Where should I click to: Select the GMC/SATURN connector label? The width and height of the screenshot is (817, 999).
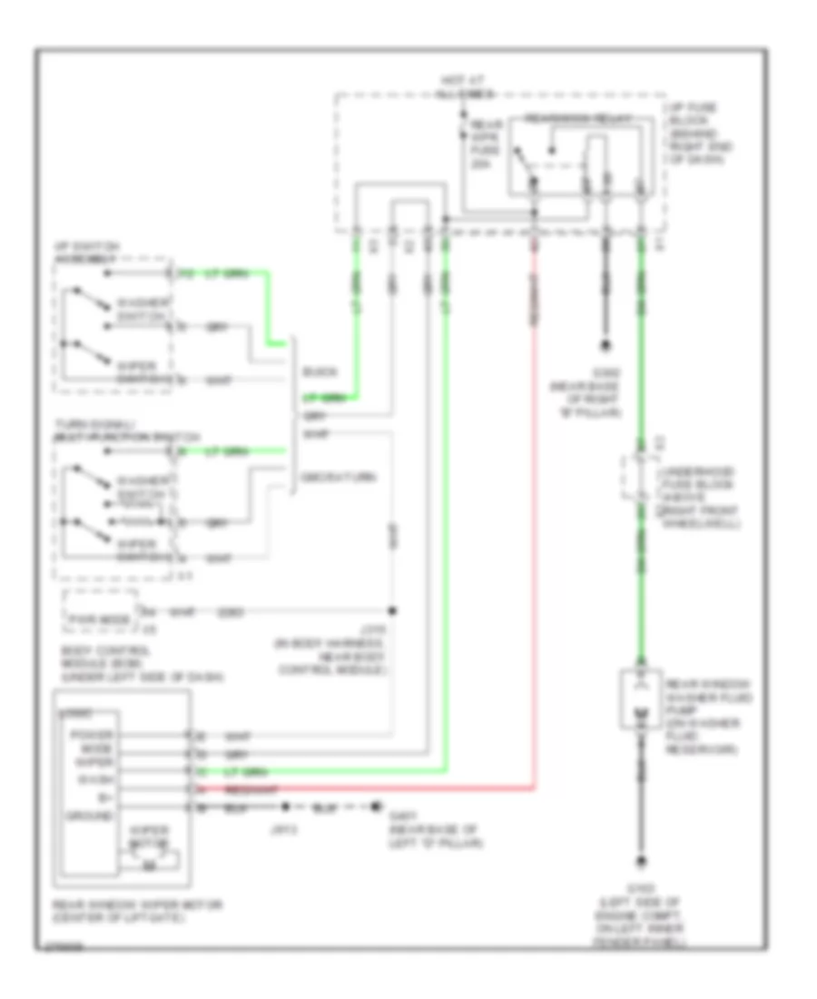[x=335, y=476]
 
